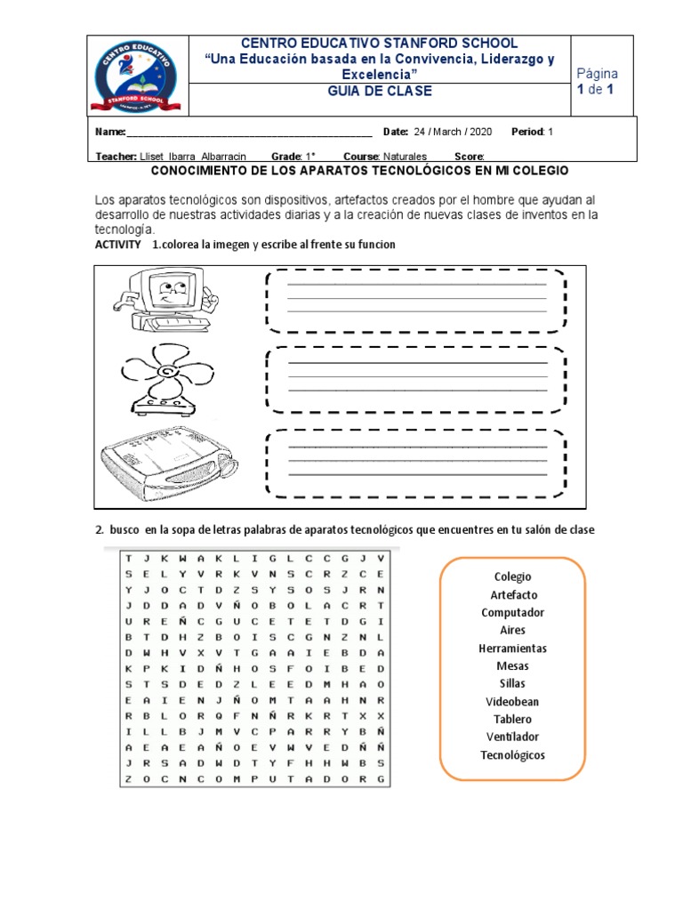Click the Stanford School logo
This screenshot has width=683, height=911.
[x=139, y=76]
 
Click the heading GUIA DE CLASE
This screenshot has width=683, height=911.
[x=380, y=91]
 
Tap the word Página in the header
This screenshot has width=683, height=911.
[x=598, y=73]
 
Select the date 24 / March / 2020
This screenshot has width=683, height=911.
[x=453, y=132]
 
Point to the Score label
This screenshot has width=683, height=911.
[x=469, y=156]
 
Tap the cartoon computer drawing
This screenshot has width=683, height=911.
[x=165, y=297]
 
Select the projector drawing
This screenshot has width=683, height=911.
[x=170, y=462]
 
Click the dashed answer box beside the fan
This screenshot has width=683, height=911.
[x=416, y=379]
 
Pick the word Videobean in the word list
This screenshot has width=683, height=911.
[x=511, y=701]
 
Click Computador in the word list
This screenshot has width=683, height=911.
[x=512, y=612]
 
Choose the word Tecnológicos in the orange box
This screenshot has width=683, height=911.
[x=512, y=755]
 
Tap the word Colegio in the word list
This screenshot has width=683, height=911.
[x=512, y=576]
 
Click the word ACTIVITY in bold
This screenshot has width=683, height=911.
[x=117, y=245]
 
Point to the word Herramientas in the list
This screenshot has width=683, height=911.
[x=512, y=649]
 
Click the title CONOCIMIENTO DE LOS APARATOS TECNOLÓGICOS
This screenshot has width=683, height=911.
[x=359, y=170]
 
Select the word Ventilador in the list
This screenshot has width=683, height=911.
[x=512, y=737]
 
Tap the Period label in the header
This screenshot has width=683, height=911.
[x=527, y=132]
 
